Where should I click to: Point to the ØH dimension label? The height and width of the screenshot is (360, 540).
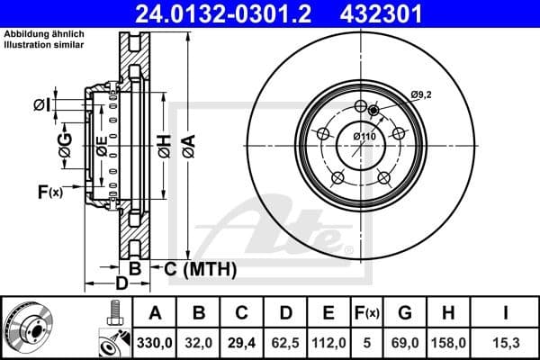tap(164, 147)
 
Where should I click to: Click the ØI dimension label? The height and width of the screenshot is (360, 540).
tap(41, 105)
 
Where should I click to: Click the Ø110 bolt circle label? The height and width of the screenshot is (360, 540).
tap(364, 136)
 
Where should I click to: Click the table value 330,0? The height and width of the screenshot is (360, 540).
tap(155, 342)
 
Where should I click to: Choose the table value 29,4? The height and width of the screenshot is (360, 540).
tap(241, 342)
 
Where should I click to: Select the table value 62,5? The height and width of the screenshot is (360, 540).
tap(285, 342)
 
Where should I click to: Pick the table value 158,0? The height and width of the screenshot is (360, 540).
tap(446, 342)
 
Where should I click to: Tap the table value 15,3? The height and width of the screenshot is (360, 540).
tap(506, 342)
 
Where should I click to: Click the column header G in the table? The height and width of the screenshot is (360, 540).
tap(404, 313)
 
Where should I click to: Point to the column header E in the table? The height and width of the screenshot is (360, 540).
tap(328, 313)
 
